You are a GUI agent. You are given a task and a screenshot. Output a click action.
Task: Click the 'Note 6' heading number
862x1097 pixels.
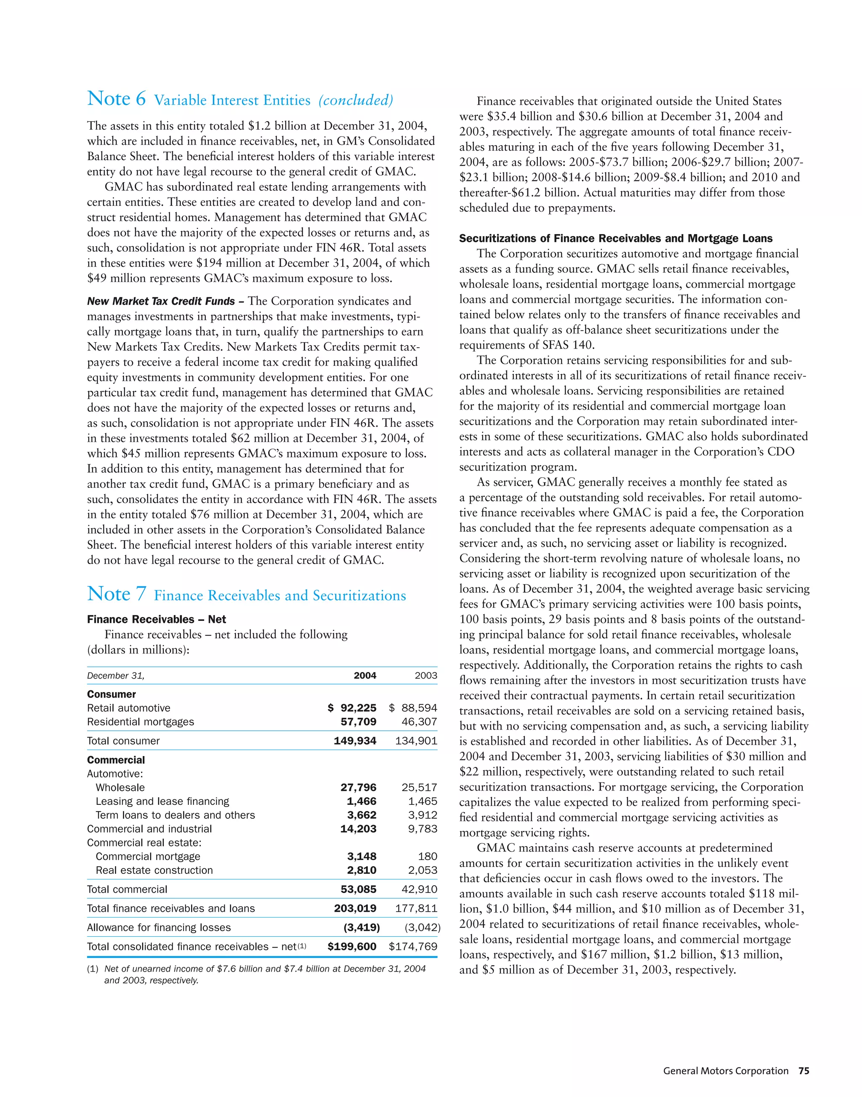117,99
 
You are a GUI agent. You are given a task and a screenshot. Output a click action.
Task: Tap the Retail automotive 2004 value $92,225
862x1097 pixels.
352,708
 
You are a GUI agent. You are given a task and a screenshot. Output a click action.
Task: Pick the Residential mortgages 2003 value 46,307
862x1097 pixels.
419,722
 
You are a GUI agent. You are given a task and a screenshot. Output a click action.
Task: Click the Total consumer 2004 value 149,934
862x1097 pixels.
355,740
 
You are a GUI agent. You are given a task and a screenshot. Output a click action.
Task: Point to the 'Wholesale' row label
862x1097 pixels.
120,788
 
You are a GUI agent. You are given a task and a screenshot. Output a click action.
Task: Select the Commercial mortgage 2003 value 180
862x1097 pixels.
428,857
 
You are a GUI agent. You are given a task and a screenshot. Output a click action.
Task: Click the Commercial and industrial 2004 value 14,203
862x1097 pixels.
358,829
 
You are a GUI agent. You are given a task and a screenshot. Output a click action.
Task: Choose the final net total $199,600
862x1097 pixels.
352,947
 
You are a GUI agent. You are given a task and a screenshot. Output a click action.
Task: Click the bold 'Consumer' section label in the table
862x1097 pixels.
112,694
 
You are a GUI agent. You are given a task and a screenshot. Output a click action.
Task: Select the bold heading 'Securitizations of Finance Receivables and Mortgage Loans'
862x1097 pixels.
615,238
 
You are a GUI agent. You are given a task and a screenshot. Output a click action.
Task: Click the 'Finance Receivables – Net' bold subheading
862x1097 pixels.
157,619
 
